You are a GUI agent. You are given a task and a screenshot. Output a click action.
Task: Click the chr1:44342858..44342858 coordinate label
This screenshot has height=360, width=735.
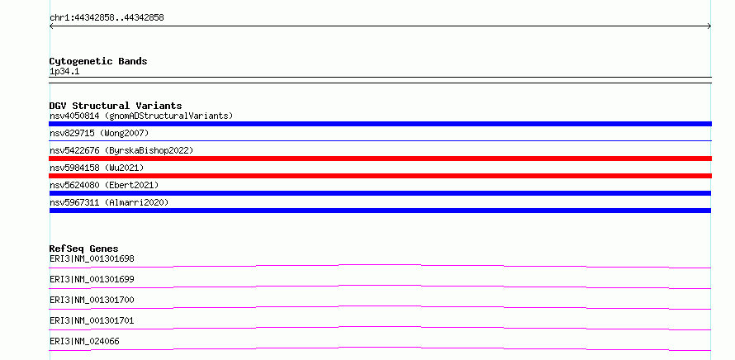pyautogui.click(x=107, y=18)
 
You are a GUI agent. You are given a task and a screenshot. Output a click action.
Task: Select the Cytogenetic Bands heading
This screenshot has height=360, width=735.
pyautogui.click(x=98, y=61)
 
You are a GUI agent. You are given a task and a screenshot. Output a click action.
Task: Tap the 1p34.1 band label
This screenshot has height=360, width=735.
pyautogui.click(x=64, y=72)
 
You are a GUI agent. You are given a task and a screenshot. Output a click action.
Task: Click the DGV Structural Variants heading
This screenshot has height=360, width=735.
pyautogui.click(x=116, y=106)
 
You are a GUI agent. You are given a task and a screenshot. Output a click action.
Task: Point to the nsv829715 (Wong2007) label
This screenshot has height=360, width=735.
pyautogui.click(x=99, y=133)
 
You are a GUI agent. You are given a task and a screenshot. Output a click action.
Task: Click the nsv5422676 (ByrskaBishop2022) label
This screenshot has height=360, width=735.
pyautogui.click(x=121, y=150)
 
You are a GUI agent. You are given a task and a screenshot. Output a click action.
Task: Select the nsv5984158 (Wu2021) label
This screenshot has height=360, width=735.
pyautogui.click(x=97, y=168)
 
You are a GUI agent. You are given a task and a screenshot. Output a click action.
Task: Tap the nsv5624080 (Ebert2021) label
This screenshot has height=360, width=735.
pyautogui.click(x=104, y=185)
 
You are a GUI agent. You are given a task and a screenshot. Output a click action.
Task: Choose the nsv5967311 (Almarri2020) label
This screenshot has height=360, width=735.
pyautogui.click(x=109, y=202)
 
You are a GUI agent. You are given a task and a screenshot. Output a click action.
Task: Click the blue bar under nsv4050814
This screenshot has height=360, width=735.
pyautogui.click(x=380, y=124)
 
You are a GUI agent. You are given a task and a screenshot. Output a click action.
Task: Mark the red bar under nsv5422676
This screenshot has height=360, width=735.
pyautogui.click(x=380, y=159)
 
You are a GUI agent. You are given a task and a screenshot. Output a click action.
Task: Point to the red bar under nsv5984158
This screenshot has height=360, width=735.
pyautogui.click(x=380, y=176)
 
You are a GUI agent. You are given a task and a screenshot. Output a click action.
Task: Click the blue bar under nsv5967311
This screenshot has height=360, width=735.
pyautogui.click(x=380, y=211)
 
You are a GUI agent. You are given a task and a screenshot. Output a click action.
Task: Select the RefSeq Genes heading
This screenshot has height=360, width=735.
pyautogui.click(x=84, y=249)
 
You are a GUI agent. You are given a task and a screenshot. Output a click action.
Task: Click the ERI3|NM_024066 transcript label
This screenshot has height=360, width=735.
pyautogui.click(x=84, y=341)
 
